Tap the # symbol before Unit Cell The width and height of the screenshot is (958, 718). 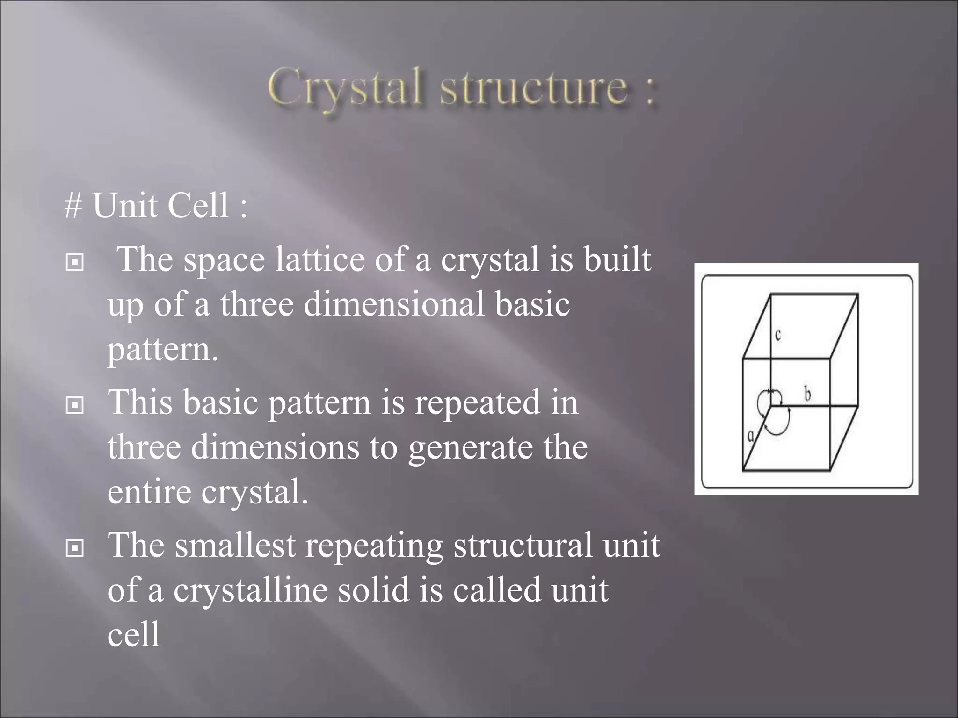tap(73, 205)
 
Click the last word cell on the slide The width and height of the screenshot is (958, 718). tap(134, 634)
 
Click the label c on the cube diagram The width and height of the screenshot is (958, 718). tap(778, 335)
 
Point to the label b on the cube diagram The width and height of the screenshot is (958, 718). tap(807, 395)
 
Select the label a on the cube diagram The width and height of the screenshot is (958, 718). tap(750, 436)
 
